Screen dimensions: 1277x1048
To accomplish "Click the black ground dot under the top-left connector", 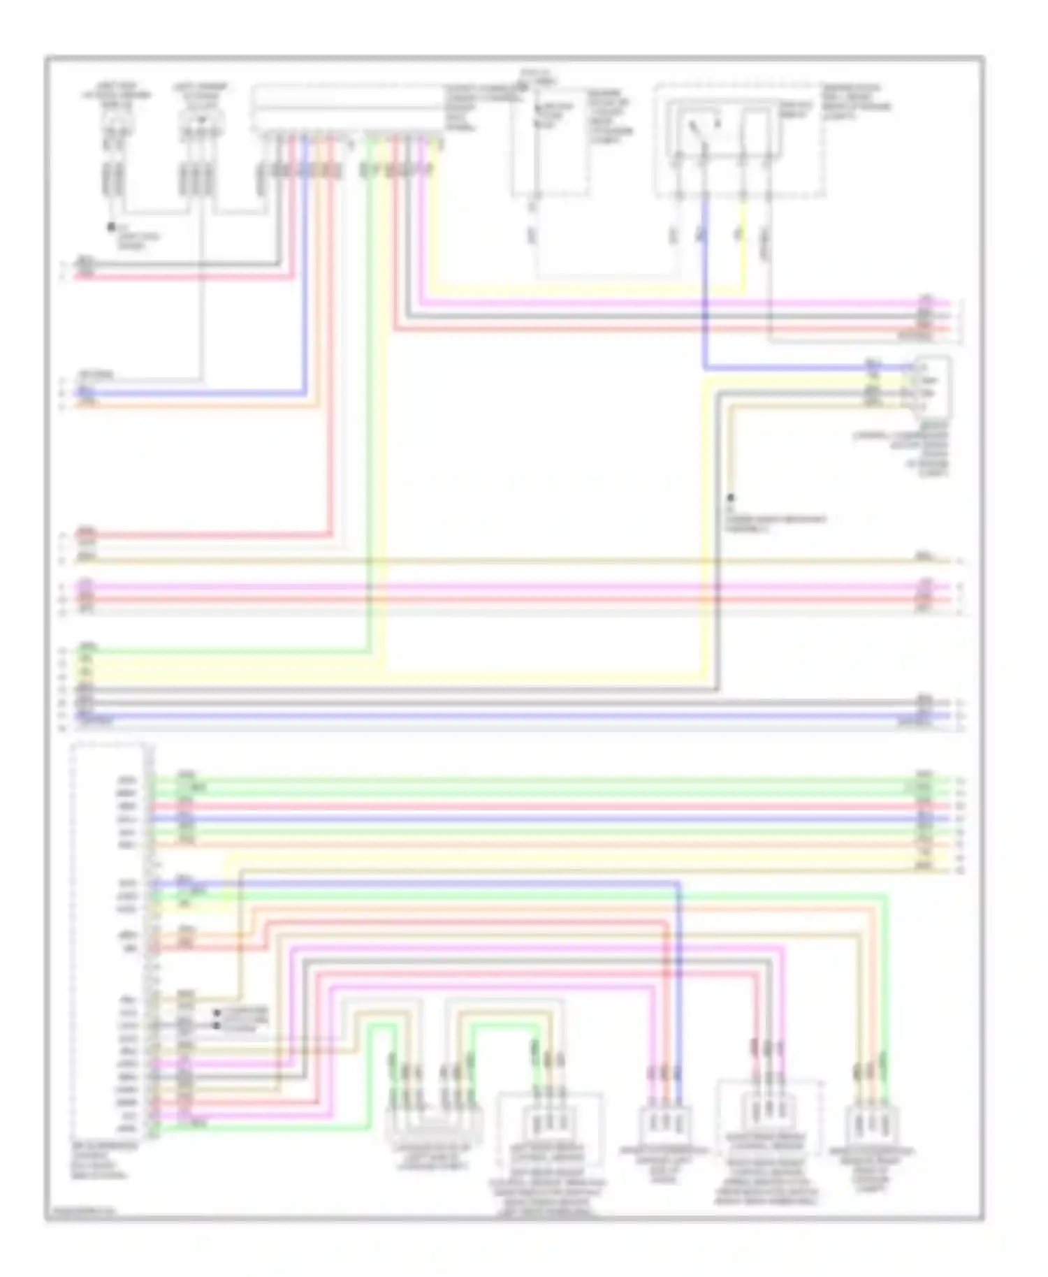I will pyautogui.click(x=110, y=227).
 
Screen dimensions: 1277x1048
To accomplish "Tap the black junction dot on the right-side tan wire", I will pyautogui.click(x=731, y=498).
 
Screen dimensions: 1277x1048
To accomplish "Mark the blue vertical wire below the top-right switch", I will pyautogui.click(x=704, y=293).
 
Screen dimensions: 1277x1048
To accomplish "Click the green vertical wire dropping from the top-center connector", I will pyautogui.click(x=369, y=419).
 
